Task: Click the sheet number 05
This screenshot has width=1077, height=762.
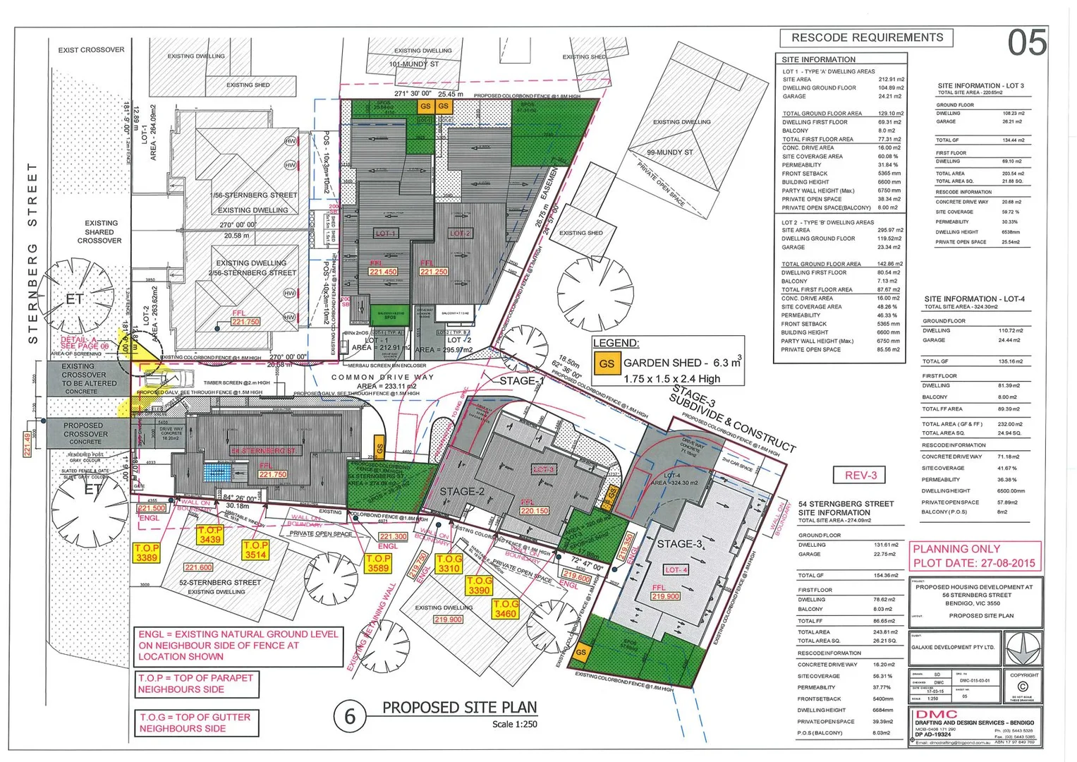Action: coord(1026,42)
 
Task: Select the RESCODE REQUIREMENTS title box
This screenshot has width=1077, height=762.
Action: coord(866,37)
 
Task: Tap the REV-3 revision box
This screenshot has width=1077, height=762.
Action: coord(860,475)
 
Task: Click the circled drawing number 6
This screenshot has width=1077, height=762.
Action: coord(350,717)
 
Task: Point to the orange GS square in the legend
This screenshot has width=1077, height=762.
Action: coord(606,364)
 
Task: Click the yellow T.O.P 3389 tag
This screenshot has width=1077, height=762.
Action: coord(147,552)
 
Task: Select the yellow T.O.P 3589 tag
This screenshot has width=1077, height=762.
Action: coord(378,562)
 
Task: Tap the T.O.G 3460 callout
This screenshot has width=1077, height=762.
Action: coord(505,609)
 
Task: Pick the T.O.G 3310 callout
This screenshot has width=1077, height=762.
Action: coord(449,563)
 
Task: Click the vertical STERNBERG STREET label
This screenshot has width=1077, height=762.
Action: coord(32,253)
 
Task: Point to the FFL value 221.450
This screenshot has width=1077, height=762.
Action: coord(383,272)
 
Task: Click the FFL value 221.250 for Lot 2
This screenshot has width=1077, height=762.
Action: coord(434,272)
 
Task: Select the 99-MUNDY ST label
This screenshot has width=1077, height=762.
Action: coord(669,152)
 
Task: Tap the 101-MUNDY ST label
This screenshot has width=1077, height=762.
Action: coord(414,64)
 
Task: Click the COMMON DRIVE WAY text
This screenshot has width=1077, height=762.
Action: coord(383,377)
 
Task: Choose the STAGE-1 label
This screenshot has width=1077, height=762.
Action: coord(522,380)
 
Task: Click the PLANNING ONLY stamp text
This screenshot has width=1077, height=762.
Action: coord(956,548)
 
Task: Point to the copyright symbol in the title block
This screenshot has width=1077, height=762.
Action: coord(1023,687)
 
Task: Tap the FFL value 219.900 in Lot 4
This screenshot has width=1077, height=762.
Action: coord(665,596)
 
